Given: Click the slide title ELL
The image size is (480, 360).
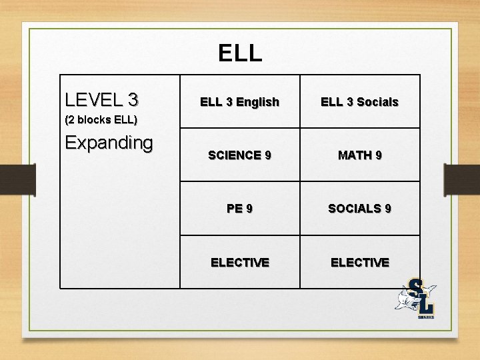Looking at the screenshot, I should [x=240, y=53].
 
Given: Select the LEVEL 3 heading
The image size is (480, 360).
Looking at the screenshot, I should [x=102, y=100].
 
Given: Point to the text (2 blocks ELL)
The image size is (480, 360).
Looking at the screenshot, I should [x=101, y=120].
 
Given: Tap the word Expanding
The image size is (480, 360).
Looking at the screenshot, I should [x=109, y=143].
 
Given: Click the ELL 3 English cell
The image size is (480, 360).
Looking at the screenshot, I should [x=239, y=102].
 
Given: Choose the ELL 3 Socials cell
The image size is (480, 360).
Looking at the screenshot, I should [x=359, y=102].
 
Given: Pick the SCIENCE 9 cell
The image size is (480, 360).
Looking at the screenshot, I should [x=239, y=155].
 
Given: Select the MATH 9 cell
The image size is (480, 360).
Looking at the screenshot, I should [x=359, y=155].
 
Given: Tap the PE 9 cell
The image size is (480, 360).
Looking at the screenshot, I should [x=239, y=209].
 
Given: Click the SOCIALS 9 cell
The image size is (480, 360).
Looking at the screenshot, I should [x=359, y=209].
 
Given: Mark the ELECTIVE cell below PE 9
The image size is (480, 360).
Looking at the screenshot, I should [x=239, y=263].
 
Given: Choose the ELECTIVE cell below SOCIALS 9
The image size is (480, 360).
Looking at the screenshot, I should [x=359, y=263].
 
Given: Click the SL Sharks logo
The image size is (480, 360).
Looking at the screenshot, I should [x=418, y=298].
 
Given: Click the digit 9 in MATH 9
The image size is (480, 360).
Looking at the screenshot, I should [x=378, y=155].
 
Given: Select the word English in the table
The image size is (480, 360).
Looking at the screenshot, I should [x=257, y=102].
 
